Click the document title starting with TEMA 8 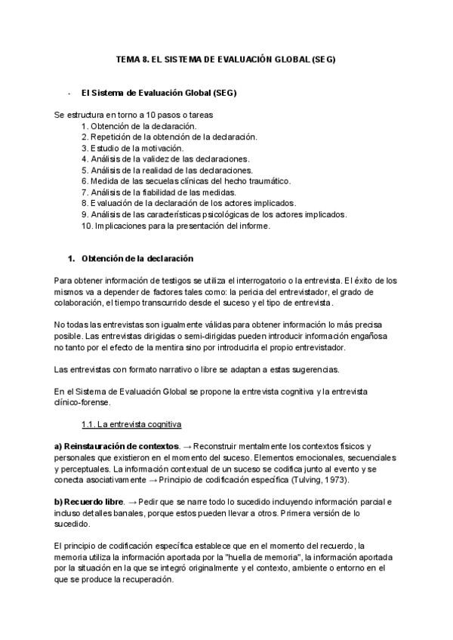pyautogui.click(x=225, y=58)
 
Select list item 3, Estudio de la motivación pyautogui.click(x=132, y=148)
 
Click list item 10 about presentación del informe pyautogui.click(x=174, y=225)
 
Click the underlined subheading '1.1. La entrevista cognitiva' pyautogui.click(x=131, y=425)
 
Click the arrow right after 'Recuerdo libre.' pyautogui.click(x=134, y=502)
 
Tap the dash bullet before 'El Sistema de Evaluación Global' pyautogui.click(x=69, y=93)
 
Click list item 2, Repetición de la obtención pyautogui.click(x=169, y=137)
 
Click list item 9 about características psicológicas pyautogui.click(x=214, y=214)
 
